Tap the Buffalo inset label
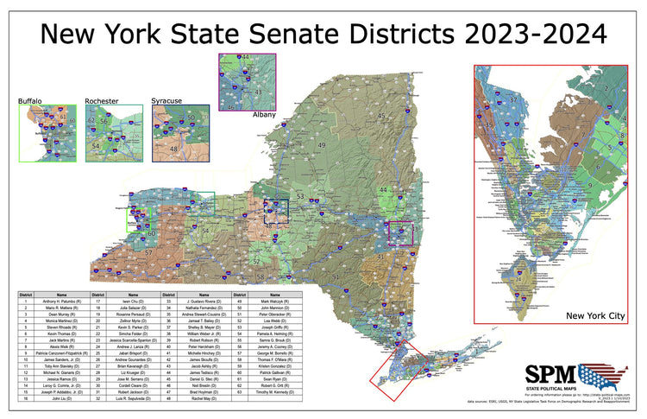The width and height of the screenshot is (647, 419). coord(30,101)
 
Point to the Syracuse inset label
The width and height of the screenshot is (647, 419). coord(167,101)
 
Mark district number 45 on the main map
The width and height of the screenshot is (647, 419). coord(380,116)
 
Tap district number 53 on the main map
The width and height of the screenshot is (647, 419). coord(300,197)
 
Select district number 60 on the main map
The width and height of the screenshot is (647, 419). coord(151,233)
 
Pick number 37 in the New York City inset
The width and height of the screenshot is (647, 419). coord(514,100)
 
